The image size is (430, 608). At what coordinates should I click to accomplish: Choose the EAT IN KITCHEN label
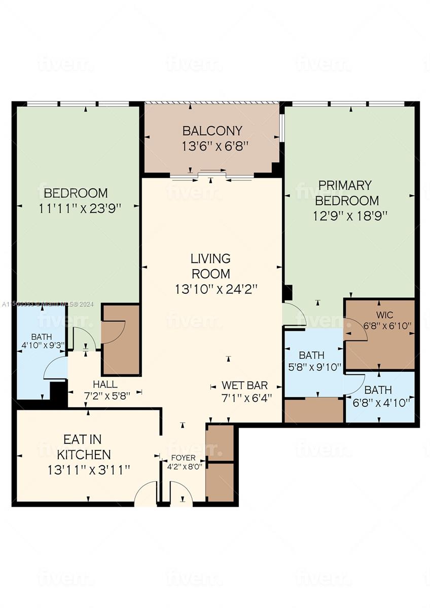[x=84, y=446]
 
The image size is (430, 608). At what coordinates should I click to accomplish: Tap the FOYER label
[x=183, y=458]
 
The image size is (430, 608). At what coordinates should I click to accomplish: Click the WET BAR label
[x=244, y=385]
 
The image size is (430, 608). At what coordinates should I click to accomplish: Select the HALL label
[x=105, y=385]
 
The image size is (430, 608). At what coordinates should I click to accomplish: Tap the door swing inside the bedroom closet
[x=114, y=332]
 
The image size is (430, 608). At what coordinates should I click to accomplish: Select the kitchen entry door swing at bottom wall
[x=146, y=494]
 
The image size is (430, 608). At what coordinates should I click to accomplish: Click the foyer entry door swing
[x=182, y=494]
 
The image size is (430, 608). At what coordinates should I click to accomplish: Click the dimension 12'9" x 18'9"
[x=350, y=215]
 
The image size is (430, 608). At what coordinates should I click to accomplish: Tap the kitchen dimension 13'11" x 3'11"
[x=89, y=470]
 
